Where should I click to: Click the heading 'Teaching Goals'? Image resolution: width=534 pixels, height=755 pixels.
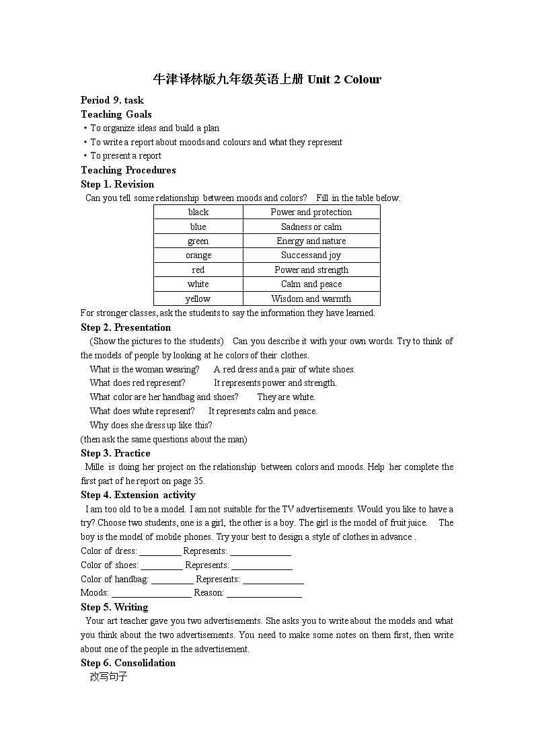coord(116,114)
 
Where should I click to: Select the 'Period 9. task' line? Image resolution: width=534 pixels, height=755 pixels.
coord(112,100)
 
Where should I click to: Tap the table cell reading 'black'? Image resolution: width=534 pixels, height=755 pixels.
coord(198,212)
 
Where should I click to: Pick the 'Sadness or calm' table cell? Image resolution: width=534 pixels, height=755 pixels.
coord(311,227)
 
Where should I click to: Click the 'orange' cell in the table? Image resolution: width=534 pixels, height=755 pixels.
coord(198,255)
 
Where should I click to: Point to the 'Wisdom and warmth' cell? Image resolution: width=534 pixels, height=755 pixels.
coord(311,299)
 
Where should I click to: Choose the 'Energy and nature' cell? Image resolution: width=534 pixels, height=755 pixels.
coord(311,241)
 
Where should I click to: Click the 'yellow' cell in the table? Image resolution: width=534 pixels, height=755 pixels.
coord(198,299)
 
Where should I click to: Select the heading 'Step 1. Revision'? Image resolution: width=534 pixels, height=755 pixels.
coord(118,184)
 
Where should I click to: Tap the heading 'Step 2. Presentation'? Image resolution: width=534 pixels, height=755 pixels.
coord(126,327)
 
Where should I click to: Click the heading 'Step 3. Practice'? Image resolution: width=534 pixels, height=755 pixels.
coord(116,453)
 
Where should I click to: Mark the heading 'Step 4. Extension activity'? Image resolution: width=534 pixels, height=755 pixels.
coord(138,495)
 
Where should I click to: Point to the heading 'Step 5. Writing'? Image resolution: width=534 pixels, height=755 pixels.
coord(114,607)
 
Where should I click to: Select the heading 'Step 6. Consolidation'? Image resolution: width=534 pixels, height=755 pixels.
coord(128,663)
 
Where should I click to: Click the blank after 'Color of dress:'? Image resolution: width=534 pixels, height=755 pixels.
coord(160,552)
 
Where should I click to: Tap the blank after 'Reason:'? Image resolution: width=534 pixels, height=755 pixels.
coord(264,594)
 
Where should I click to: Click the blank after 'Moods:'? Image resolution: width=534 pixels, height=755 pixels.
coord(151,594)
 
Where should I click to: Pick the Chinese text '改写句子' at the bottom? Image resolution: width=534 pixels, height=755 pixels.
coord(108,677)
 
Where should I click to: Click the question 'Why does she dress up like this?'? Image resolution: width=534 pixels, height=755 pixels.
coord(151,425)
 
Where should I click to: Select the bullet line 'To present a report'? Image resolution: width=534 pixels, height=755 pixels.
coord(126,156)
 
